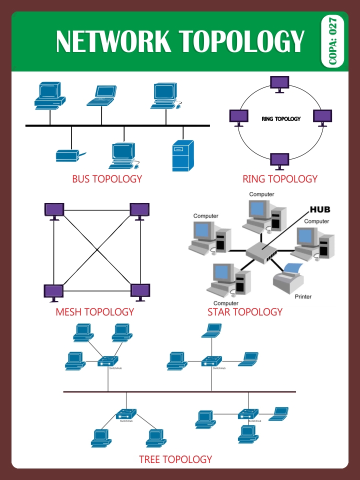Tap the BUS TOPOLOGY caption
[106, 179]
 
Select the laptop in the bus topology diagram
[101, 95]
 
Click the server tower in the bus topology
[182, 155]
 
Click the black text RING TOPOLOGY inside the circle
[281, 119]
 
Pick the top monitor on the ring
[279, 83]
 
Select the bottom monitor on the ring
[279, 161]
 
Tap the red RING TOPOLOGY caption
[279, 179]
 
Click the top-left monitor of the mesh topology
[54, 210]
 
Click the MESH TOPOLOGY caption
[94, 312]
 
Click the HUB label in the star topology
[320, 209]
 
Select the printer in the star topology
[289, 276]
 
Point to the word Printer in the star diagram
[303, 296]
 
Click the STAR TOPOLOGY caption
[244, 312]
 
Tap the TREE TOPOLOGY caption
[175, 459]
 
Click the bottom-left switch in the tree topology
[126, 414]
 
